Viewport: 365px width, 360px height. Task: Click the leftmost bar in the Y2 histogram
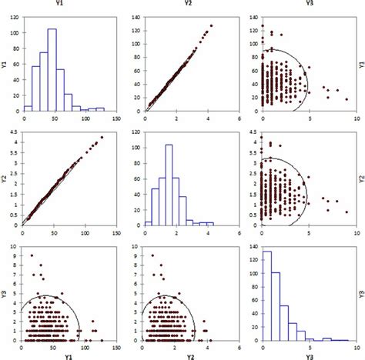148,224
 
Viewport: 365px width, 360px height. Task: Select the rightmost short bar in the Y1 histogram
100,110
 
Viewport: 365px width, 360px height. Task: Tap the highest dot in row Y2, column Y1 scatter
99,138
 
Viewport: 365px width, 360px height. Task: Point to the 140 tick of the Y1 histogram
17,15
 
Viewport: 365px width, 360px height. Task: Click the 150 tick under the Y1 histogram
115,119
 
